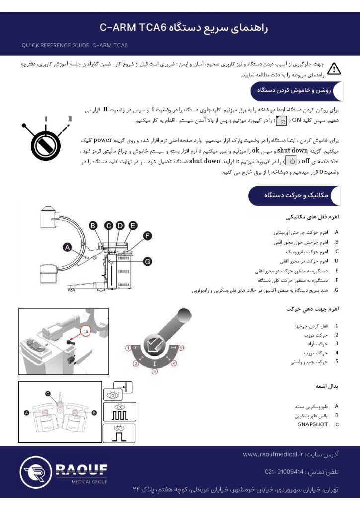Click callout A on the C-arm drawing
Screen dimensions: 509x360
pyautogui.click(x=67, y=246)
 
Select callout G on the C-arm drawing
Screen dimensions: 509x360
pyautogui.click(x=147, y=261)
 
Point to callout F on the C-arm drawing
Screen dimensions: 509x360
pyautogui.click(x=147, y=235)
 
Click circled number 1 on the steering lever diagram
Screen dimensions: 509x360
pyautogui.click(x=128, y=348)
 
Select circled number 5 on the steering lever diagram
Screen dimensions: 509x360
pyautogui.click(x=181, y=348)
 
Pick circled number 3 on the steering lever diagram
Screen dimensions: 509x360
pyautogui.click(x=155, y=371)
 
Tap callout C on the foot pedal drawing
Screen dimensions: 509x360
pyautogui.click(x=48, y=393)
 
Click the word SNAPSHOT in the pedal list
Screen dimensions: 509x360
pyautogui.click(x=313, y=424)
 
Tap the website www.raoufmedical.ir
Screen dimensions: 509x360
pyautogui.click(x=273, y=454)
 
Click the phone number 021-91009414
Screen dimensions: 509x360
pyautogui.click(x=284, y=471)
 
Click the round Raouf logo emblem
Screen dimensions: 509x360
pyautogui.click(x=35, y=473)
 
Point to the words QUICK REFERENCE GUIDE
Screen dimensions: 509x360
pyautogui.click(x=55, y=45)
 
